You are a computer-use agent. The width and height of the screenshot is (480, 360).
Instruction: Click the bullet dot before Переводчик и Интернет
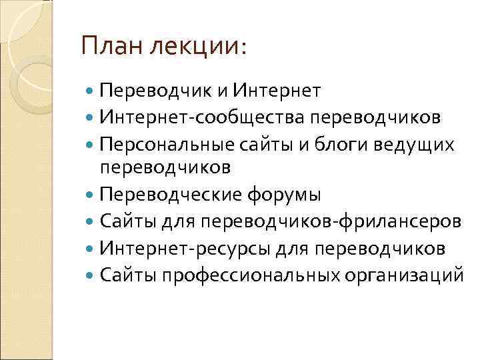click(91, 91)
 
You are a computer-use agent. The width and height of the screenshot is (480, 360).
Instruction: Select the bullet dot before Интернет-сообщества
click(91, 118)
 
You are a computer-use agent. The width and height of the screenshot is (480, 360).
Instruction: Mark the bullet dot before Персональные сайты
click(91, 145)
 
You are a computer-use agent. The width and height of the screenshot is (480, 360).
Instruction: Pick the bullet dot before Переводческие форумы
click(91, 195)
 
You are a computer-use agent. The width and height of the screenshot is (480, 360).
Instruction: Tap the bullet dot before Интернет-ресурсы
click(91, 248)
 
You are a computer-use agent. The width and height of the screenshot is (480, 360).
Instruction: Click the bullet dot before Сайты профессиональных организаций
click(91, 274)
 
